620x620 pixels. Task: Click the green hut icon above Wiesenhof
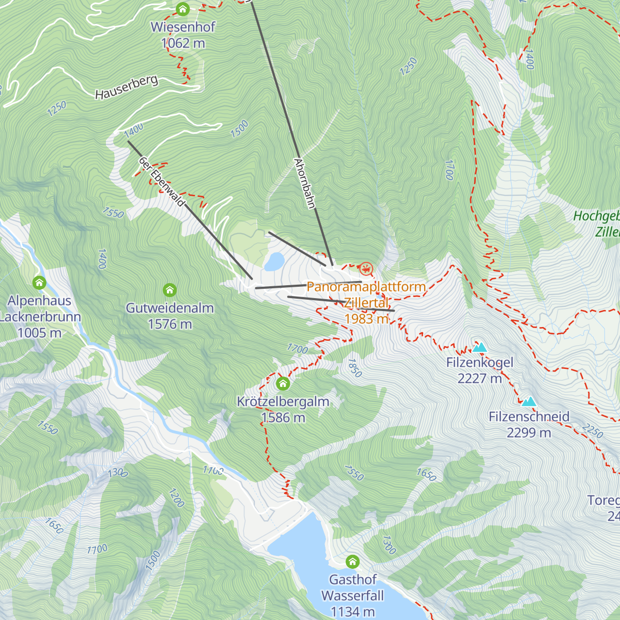click(x=182, y=9)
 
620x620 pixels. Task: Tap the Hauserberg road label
click(x=126, y=87)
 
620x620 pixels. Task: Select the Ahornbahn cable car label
click(x=304, y=183)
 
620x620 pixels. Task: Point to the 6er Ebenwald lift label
click(x=161, y=181)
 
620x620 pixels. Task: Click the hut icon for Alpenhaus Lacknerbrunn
click(x=39, y=283)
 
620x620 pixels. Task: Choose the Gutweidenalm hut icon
click(x=169, y=290)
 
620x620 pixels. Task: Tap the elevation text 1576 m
click(x=169, y=324)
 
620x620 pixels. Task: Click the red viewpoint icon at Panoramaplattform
click(x=366, y=269)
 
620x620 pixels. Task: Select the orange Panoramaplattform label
click(x=366, y=287)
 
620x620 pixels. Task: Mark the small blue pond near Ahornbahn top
click(x=274, y=261)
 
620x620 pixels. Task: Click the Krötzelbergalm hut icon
click(x=283, y=383)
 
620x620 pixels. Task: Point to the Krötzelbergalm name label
click(x=283, y=401)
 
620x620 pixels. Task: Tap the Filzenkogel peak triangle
click(x=480, y=347)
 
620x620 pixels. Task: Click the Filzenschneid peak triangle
click(x=529, y=401)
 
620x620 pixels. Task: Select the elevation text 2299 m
click(x=529, y=433)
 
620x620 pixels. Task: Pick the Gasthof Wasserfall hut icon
click(x=352, y=562)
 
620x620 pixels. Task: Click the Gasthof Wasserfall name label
click(x=352, y=587)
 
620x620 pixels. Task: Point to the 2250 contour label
click(x=592, y=430)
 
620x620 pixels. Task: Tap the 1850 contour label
click(x=354, y=368)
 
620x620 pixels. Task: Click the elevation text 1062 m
click(x=183, y=43)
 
